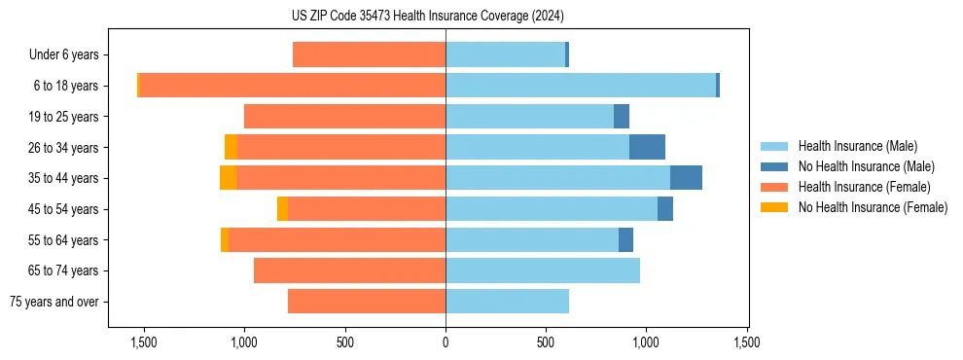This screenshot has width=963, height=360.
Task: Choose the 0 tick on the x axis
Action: coord(446,342)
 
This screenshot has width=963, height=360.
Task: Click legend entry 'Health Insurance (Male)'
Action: coord(857,146)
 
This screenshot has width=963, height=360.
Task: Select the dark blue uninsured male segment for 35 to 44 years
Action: coord(686,178)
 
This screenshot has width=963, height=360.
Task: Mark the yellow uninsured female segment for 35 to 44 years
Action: coord(228,178)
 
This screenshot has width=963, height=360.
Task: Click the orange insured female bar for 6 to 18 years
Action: coord(292,86)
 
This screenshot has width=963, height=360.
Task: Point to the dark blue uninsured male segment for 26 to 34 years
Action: coord(647,147)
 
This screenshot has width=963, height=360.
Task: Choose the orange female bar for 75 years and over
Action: coord(367,302)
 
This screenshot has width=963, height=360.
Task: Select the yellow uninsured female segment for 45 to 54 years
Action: coord(282,209)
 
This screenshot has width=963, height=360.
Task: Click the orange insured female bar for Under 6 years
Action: coord(369,54)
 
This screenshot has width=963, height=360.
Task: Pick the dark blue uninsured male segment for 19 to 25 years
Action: coord(622,117)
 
